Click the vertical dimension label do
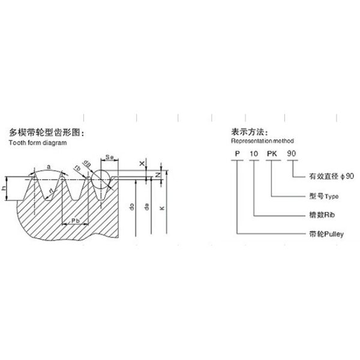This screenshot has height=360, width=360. (x=131, y=207)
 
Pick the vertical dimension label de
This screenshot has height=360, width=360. (x=147, y=207)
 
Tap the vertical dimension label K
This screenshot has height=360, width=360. (x=161, y=207)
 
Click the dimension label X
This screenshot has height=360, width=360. (x=142, y=163)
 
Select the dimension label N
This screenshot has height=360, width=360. (x=157, y=174)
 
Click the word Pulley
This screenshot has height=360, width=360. (x=332, y=233)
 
